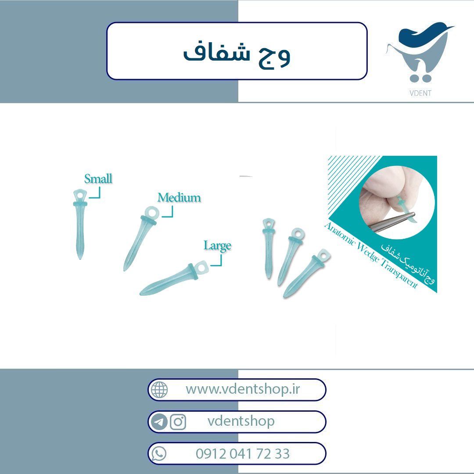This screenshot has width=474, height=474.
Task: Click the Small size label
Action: (98, 179)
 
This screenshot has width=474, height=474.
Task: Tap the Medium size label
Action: (179, 197)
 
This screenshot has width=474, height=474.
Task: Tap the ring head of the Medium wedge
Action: (151, 212)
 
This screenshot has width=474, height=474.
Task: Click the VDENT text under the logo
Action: (420, 93)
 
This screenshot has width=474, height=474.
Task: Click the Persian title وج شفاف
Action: (237, 54)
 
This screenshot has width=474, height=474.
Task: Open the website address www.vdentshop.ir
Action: (243, 389)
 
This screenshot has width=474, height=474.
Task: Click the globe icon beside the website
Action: (159, 390)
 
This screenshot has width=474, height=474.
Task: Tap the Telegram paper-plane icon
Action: (159, 422)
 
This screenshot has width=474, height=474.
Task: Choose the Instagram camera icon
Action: (178, 422)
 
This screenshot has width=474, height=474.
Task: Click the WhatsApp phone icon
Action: (159, 454)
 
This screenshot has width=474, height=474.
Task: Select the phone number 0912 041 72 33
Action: (243, 454)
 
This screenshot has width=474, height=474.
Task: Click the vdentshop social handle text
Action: (241, 421)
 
